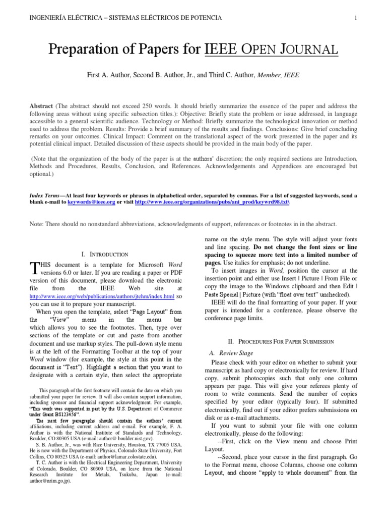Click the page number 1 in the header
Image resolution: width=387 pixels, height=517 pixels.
click(356, 18)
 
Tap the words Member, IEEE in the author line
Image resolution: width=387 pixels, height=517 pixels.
click(278, 75)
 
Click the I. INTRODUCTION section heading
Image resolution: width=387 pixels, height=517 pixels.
click(104, 254)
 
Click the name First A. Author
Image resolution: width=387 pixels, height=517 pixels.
click(108, 75)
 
